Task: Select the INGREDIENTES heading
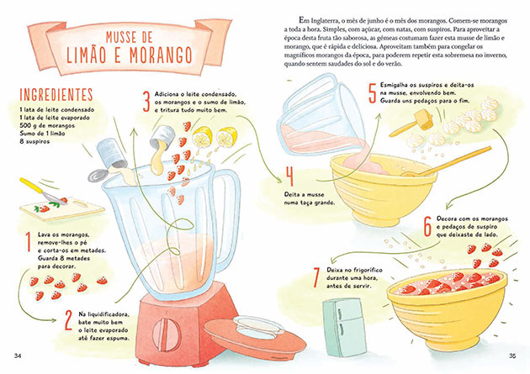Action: tap(57, 93)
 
